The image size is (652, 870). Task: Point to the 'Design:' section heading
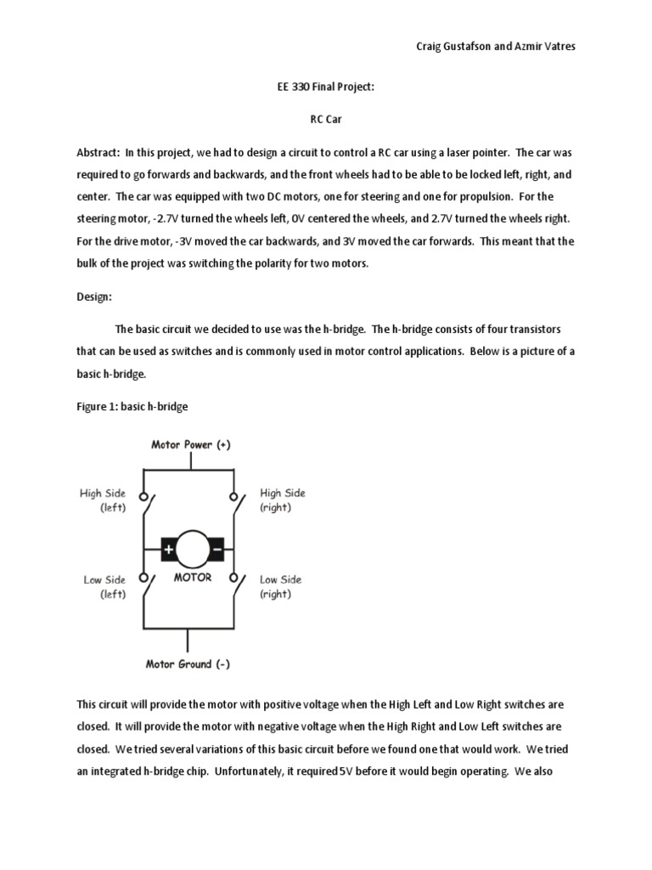pyautogui.click(x=95, y=297)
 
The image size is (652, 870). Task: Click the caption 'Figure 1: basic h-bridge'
pyautogui.click(x=132, y=407)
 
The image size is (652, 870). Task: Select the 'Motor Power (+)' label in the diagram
pyautogui.click(x=190, y=444)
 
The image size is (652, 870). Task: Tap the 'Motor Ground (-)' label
pyautogui.click(x=190, y=664)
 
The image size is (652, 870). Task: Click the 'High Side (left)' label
pyautogui.click(x=103, y=500)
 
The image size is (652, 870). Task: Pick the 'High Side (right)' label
pyautogui.click(x=282, y=500)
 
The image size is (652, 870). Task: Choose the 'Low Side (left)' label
pyautogui.click(x=104, y=587)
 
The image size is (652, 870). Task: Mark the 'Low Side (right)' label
pyautogui.click(x=280, y=587)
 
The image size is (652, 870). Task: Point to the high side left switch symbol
pyautogui.click(x=146, y=508)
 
